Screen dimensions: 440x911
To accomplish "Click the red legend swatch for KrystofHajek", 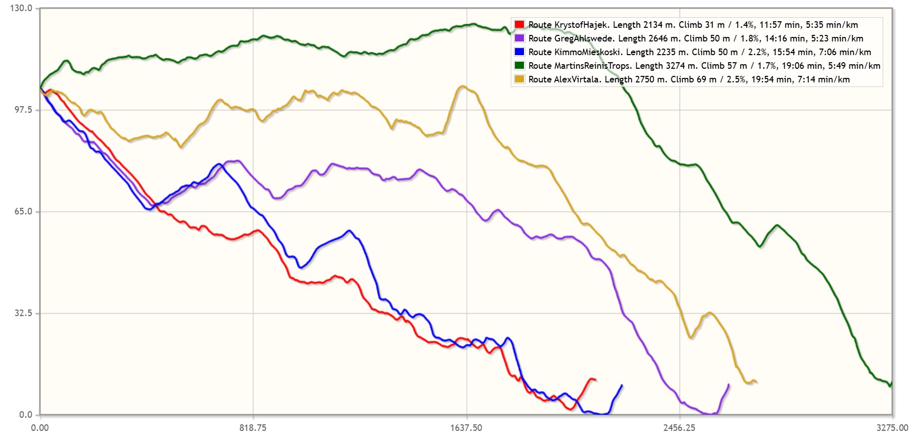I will pyautogui.click(x=519, y=24).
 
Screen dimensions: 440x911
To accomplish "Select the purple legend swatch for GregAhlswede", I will pyautogui.click(x=519, y=38).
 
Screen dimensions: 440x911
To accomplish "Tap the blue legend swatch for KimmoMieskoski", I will pyautogui.click(x=519, y=52).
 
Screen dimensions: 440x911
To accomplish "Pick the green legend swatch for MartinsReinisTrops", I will pyautogui.click(x=519, y=65).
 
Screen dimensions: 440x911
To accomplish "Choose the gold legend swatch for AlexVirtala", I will pyautogui.click(x=519, y=79).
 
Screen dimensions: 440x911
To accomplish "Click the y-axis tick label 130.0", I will pyautogui.click(x=21, y=8).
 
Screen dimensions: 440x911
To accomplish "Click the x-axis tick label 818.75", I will pyautogui.click(x=253, y=428).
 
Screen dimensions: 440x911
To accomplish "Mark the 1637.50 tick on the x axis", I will pyautogui.click(x=466, y=428).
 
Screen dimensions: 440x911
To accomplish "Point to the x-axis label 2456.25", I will pyautogui.click(x=679, y=428).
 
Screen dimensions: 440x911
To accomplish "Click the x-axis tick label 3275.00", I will pyautogui.click(x=892, y=428).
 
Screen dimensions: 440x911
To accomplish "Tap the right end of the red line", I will pyautogui.click(x=596, y=380).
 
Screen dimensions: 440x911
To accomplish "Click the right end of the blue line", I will pyautogui.click(x=621, y=385).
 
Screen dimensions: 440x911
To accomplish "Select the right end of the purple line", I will pyautogui.click(x=729, y=385).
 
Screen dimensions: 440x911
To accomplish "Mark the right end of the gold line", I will pyautogui.click(x=756, y=382).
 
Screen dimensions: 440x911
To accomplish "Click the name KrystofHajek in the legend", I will pyautogui.click(x=581, y=25).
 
